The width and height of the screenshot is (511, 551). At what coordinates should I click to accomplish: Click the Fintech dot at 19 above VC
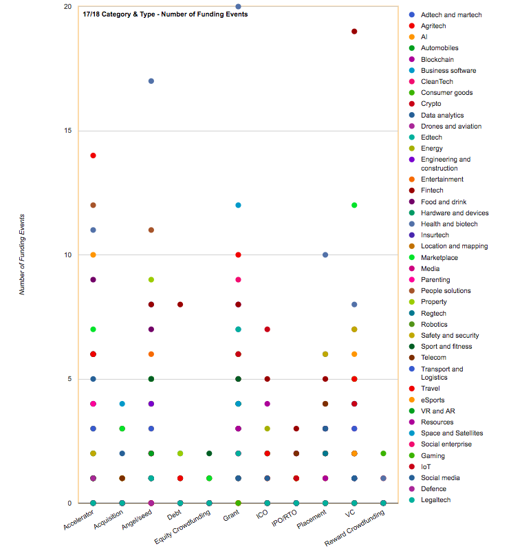click(354, 32)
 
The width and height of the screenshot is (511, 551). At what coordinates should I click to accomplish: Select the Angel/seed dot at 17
click(151, 81)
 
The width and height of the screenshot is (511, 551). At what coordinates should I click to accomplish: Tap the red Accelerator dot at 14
click(93, 155)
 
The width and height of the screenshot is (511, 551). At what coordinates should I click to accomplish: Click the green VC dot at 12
click(354, 205)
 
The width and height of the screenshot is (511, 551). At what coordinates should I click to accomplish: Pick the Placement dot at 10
click(325, 255)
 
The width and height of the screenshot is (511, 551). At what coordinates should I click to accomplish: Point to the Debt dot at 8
click(180, 304)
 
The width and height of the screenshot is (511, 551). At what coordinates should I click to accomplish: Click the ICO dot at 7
click(268, 329)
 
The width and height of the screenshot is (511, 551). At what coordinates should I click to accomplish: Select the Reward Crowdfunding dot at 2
click(383, 453)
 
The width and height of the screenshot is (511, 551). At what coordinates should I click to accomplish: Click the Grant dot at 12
click(238, 205)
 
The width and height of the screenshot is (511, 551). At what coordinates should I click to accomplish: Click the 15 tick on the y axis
click(68, 131)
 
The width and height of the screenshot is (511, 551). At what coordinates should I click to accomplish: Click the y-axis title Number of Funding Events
click(22, 255)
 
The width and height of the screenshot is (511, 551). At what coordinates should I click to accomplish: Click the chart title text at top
click(165, 14)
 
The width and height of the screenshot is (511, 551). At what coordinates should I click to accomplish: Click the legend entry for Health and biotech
click(449, 224)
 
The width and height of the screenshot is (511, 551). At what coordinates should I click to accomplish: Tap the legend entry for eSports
click(435, 399)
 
